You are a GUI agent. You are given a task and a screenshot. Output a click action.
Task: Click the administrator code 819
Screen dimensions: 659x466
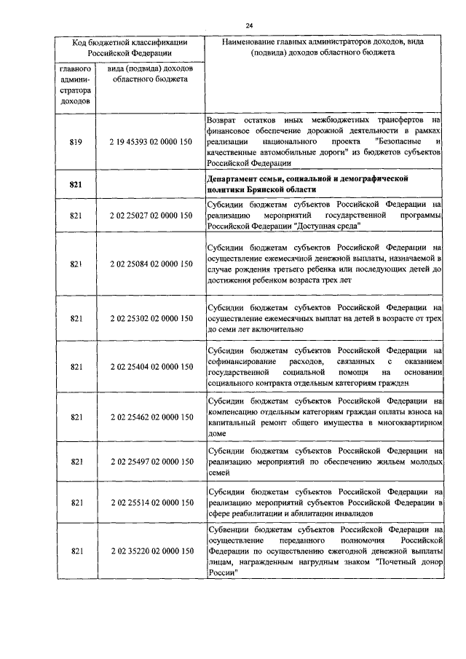tap(76, 141)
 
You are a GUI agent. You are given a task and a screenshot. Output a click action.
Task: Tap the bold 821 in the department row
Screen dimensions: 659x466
tap(76, 185)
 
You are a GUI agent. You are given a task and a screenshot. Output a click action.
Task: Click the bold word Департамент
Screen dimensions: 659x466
tap(236, 178)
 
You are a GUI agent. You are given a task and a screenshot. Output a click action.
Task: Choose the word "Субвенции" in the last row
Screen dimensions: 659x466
tap(229, 529)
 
